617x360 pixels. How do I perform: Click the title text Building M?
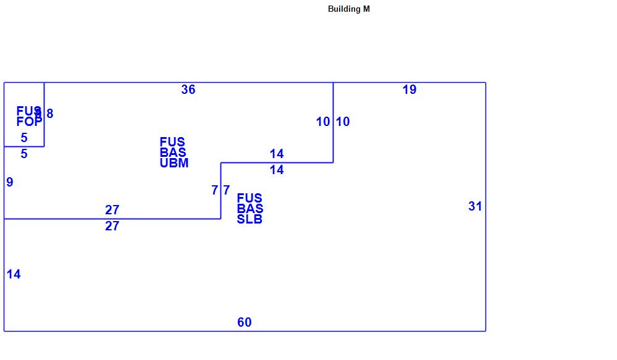348,9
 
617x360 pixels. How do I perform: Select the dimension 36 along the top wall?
188,90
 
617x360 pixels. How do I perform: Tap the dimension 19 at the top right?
409,90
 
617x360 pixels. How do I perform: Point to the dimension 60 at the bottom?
244,322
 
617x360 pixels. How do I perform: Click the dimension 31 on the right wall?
474,207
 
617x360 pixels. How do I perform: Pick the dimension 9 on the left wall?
9,182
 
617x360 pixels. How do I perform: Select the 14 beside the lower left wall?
14,275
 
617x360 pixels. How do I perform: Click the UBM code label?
174,164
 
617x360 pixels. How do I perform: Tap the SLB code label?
250,220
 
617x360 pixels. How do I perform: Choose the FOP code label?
29,122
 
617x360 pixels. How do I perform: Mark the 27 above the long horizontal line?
112,211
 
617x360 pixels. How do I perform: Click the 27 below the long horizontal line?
112,227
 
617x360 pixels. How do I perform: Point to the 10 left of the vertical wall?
323,122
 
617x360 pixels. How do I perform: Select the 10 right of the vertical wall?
343,122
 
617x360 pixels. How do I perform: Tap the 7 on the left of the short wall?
214,191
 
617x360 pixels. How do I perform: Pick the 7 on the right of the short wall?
227,191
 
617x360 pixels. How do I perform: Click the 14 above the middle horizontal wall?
276,154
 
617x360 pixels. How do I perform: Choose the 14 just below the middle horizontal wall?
276,170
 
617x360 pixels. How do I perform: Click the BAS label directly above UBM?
172,153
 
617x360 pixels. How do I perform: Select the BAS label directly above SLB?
250,209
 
